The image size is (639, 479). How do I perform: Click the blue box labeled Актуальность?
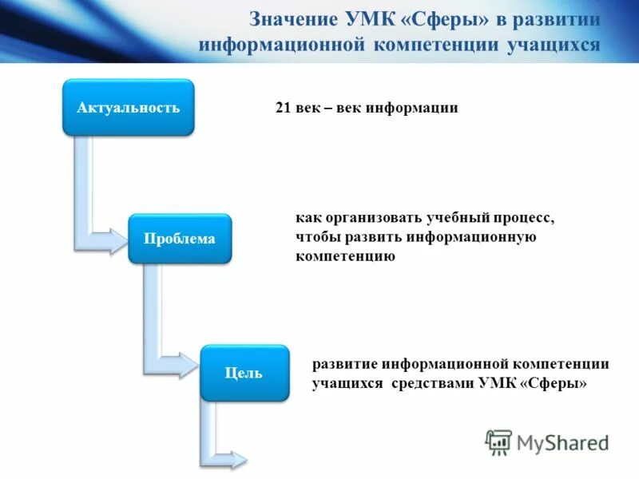[128, 107]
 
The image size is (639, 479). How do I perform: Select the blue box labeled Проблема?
[179, 239]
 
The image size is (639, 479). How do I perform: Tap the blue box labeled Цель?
[244, 373]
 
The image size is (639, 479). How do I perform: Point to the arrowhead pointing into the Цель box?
[185, 368]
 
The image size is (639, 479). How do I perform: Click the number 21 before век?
[284, 108]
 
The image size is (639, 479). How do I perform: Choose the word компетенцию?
[345, 257]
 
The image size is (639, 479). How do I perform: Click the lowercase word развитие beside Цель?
[344, 363]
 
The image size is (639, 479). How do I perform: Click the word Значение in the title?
[292, 19]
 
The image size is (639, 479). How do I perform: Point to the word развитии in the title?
[556, 19]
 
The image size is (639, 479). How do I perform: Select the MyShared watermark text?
[562, 442]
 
